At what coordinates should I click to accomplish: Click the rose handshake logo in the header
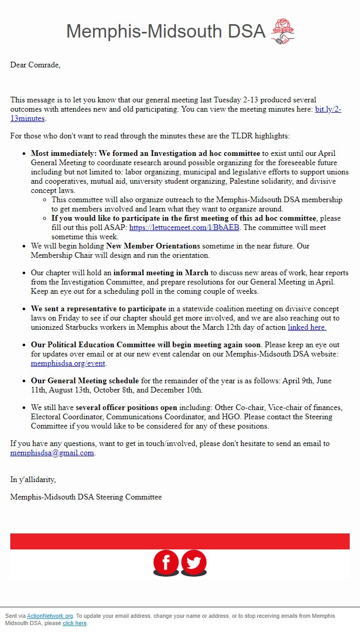[x=282, y=31]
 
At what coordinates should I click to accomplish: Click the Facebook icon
[x=166, y=563]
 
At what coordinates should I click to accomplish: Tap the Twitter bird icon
[x=194, y=563]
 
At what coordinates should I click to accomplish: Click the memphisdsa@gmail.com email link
[x=52, y=453]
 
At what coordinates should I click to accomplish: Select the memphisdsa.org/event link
[x=68, y=363]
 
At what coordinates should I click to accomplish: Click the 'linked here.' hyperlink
[x=307, y=327]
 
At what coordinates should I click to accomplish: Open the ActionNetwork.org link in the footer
[x=50, y=616]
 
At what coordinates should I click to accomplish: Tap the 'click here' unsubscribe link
[x=75, y=623]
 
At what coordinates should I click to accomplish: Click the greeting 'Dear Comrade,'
[x=35, y=65]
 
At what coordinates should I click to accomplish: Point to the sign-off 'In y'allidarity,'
[x=33, y=479]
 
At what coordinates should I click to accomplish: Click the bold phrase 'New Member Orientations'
[x=153, y=246]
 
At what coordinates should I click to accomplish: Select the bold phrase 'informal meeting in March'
[x=161, y=273]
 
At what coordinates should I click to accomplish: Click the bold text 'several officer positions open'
[x=126, y=407]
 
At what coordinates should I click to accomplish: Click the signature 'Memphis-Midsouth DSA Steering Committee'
[x=86, y=497]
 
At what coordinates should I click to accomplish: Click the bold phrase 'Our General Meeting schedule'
[x=85, y=381]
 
